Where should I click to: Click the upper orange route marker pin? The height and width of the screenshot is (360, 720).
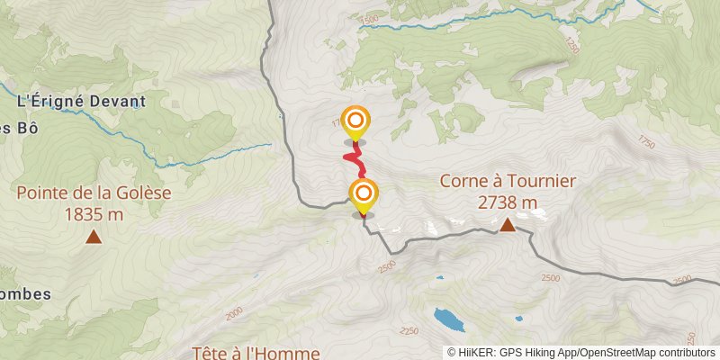(x=356, y=121)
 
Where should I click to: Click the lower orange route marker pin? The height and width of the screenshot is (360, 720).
(x=363, y=193)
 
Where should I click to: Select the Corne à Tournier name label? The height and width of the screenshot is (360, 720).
(x=508, y=181)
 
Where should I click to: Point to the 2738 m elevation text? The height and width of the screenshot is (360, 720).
(x=508, y=202)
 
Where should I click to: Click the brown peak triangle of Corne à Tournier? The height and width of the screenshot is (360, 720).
(x=508, y=224)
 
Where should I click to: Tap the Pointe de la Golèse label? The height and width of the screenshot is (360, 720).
(x=94, y=193)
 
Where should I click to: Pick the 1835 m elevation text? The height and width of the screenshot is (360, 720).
(x=94, y=214)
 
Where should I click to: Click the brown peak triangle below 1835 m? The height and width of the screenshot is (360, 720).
(x=94, y=237)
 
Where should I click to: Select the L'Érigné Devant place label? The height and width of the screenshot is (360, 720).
(x=81, y=102)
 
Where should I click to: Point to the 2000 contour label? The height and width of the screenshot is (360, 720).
(x=234, y=312)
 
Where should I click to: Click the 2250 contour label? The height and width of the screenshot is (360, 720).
(x=409, y=331)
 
